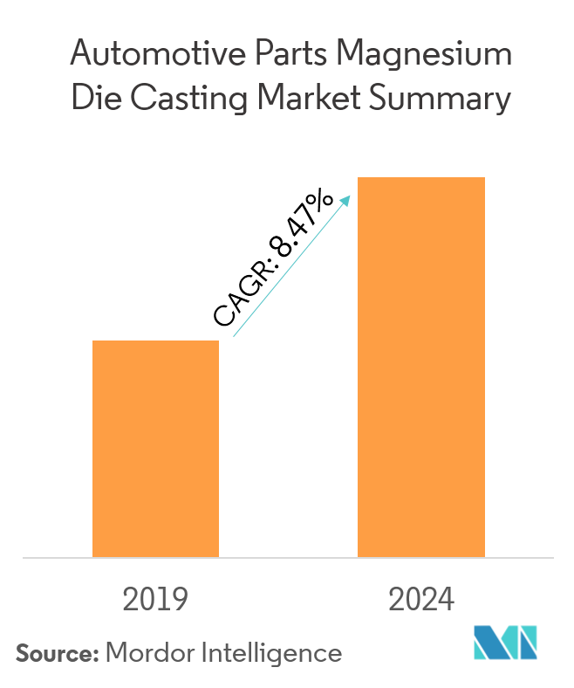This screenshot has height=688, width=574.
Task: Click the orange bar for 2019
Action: point(155,448)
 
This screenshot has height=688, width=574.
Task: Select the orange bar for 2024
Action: point(421,367)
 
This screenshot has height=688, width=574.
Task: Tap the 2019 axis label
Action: point(155,601)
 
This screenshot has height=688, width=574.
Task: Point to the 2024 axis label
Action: point(421,601)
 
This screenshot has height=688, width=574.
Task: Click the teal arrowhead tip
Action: point(350,196)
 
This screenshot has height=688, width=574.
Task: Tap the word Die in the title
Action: point(92,100)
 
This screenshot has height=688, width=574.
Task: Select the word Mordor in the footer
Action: point(150,651)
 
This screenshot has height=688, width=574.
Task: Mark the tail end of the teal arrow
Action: point(234,336)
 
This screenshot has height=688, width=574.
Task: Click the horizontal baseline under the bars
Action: point(287,557)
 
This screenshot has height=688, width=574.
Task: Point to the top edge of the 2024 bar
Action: point(421,178)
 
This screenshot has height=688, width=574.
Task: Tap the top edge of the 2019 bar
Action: point(155,341)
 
